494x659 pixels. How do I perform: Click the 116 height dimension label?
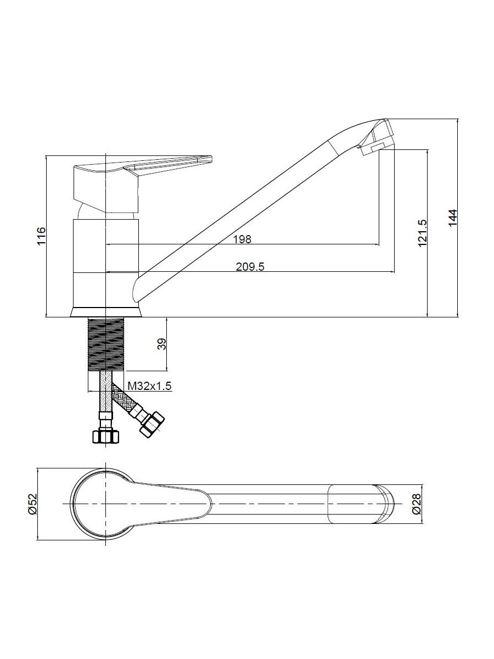[41, 236]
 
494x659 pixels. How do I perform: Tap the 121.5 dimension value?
[422, 233]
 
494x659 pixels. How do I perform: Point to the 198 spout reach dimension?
[243, 239]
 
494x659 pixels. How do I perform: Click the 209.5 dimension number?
[250, 266]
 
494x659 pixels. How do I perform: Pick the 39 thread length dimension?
[162, 344]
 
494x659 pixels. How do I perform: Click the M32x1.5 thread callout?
[149, 386]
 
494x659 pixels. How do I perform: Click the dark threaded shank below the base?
[106, 344]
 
